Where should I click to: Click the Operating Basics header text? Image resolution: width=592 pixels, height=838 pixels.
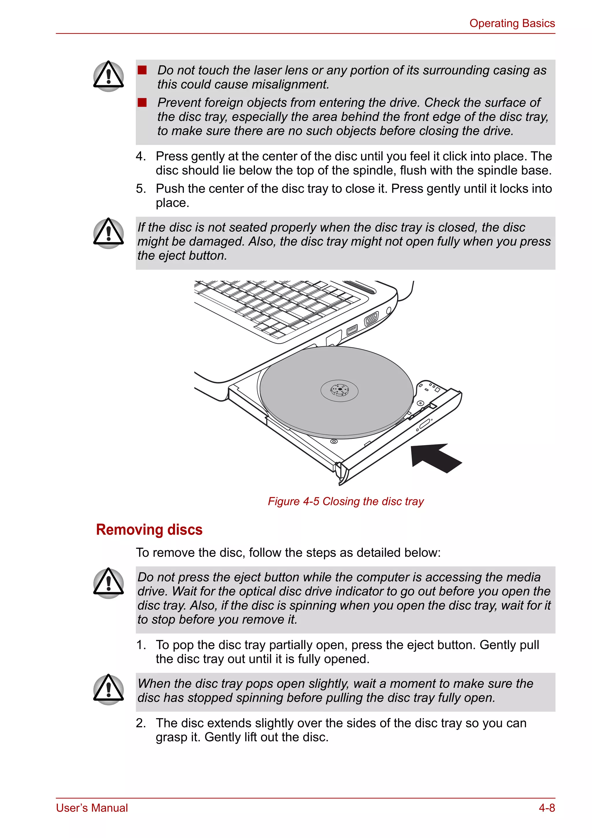tap(512, 23)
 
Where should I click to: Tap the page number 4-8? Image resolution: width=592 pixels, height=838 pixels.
tap(546, 808)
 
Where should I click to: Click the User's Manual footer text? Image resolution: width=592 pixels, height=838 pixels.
tap(92, 808)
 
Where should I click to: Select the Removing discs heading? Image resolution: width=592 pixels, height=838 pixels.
tap(149, 529)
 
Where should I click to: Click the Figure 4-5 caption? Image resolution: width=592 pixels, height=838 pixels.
tap(345, 501)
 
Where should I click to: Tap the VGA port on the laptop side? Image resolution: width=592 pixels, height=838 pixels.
tap(371, 319)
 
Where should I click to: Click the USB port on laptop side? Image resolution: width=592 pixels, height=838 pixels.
tap(352, 330)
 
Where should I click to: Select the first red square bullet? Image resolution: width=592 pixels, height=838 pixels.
tap(142, 70)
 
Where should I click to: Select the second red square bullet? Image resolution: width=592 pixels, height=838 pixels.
tap(142, 103)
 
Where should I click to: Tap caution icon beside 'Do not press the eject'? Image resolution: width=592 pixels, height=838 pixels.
tap(108, 583)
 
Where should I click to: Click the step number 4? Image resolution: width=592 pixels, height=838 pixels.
tap(140, 156)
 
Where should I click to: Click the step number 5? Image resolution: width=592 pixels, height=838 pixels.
tap(140, 189)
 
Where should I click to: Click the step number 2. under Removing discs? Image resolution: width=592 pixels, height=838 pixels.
tap(140, 723)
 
